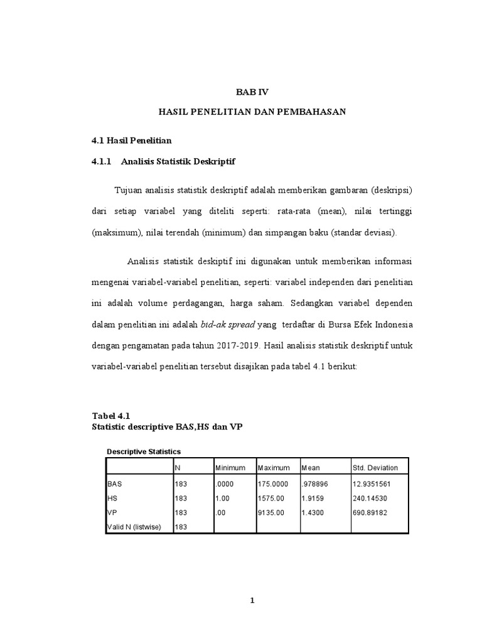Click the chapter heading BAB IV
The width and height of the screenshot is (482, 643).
(x=252, y=92)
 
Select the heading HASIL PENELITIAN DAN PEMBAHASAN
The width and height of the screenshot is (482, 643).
(x=252, y=112)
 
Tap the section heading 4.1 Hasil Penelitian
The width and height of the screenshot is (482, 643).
(x=131, y=139)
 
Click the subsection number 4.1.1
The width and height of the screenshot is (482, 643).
(x=100, y=161)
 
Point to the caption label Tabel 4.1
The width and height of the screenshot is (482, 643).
(x=110, y=416)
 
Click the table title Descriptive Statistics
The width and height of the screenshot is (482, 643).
(x=144, y=451)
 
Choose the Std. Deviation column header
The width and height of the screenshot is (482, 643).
(x=375, y=468)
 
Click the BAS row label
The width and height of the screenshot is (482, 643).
(x=114, y=485)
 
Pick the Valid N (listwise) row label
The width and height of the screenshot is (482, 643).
(x=134, y=527)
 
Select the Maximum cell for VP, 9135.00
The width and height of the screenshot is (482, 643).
(x=271, y=512)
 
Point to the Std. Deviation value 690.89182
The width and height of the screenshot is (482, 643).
(x=372, y=512)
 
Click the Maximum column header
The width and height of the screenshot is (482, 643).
(x=274, y=468)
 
